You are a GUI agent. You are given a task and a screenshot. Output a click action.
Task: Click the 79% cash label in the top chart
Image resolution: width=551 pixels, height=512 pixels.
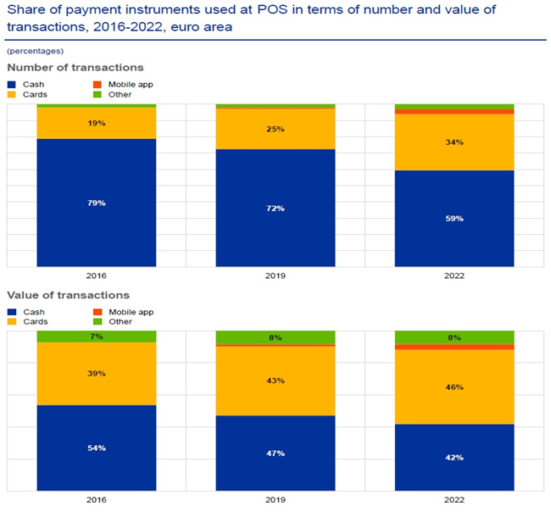(96, 203)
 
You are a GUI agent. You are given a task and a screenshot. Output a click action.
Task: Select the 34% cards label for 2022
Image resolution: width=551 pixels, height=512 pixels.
(454, 142)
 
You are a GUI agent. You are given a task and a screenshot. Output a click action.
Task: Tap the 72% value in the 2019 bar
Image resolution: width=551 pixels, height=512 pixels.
(275, 209)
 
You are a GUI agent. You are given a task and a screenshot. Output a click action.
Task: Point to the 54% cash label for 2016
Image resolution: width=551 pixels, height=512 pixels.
(96, 448)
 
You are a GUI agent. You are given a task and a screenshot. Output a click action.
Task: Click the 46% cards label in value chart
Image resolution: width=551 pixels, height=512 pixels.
(454, 387)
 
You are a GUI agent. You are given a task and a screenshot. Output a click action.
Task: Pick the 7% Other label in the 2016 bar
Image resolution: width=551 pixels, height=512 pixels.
(96, 337)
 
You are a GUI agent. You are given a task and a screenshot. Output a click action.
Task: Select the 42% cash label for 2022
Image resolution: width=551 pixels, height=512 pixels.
(454, 458)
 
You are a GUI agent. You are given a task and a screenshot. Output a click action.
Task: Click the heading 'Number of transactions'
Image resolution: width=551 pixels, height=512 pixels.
(75, 67)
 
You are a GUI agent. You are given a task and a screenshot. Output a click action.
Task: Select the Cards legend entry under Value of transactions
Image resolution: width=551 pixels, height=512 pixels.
(34, 322)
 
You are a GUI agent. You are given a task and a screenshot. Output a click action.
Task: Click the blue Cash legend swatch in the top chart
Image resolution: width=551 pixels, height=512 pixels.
(12, 84)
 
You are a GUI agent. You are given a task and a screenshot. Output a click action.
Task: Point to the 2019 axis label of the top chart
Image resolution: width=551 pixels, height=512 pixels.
(275, 276)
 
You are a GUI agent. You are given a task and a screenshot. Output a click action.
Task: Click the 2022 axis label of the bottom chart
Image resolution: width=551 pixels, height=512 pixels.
(454, 501)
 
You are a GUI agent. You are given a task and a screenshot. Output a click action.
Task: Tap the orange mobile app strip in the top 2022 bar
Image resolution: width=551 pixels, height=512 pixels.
(454, 112)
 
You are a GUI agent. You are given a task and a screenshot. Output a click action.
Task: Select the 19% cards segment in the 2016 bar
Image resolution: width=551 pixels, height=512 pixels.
(96, 123)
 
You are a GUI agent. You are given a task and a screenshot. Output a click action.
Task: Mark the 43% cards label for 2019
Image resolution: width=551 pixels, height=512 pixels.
(275, 381)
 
